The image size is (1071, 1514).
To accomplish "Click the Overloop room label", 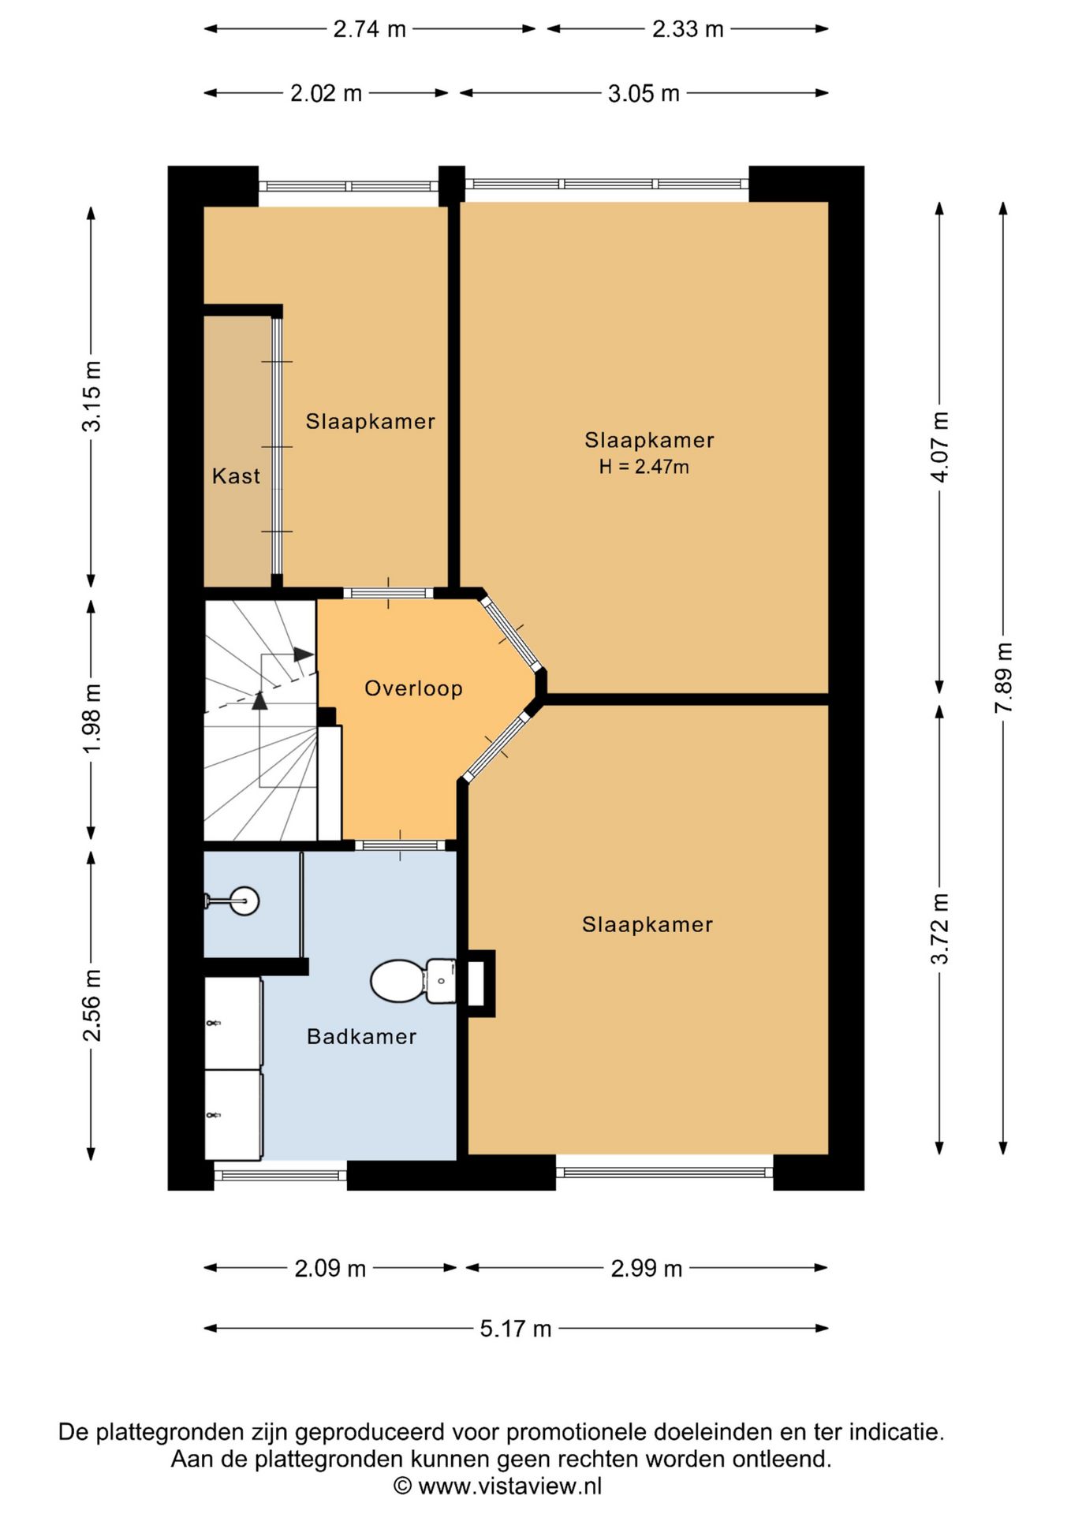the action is pyautogui.click(x=413, y=688).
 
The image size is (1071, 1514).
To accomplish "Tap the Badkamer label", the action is pyautogui.click(x=361, y=1036).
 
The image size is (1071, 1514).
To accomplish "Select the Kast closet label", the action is pyautogui.click(x=236, y=475).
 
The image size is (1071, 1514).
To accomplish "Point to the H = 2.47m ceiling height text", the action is pyautogui.click(x=644, y=467).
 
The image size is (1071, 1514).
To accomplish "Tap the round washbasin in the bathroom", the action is pyautogui.click(x=244, y=901).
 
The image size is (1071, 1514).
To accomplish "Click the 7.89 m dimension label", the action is pyautogui.click(x=1003, y=678).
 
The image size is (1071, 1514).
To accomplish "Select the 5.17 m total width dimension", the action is pyautogui.click(x=516, y=1329).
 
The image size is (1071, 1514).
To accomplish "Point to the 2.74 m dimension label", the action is pyautogui.click(x=369, y=29).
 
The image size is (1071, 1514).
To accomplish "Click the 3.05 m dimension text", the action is pyautogui.click(x=644, y=94).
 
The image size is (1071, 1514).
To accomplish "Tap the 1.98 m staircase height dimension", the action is pyautogui.click(x=92, y=718).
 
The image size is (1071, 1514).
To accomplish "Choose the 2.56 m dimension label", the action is pyautogui.click(x=92, y=1005).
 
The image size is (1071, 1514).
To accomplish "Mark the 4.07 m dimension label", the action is pyautogui.click(x=939, y=447).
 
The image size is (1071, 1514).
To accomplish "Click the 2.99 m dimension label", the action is pyautogui.click(x=647, y=1269).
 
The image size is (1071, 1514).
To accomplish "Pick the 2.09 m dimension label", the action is pyautogui.click(x=330, y=1269).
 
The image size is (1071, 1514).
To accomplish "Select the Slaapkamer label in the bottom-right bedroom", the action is pyautogui.click(x=647, y=924).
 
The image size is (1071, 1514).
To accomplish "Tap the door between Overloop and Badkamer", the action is pyautogui.click(x=400, y=845).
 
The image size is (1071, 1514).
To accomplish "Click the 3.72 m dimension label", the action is pyautogui.click(x=939, y=929).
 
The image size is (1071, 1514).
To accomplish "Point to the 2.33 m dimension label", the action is pyautogui.click(x=688, y=29).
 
